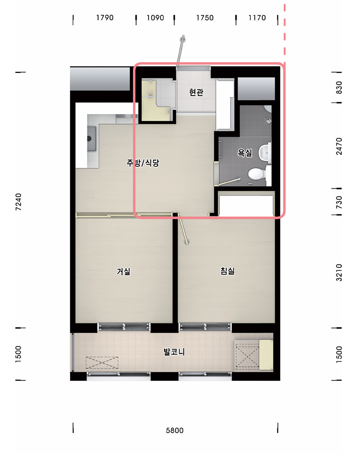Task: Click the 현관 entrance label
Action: (196, 93)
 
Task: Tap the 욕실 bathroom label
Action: (245, 153)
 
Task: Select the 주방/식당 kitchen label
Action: (143, 163)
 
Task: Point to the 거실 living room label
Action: (123, 271)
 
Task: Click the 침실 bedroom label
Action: (227, 271)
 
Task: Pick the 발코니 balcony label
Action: (174, 352)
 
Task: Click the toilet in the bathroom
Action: (257, 174)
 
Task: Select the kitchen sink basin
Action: (92, 139)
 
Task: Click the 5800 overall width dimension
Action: (175, 431)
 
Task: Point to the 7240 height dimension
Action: (18, 202)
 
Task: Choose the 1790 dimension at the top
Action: (105, 18)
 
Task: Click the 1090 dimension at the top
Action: (155, 18)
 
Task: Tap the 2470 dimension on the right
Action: (339, 146)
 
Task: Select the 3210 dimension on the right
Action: (339, 273)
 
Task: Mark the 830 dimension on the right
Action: (339, 88)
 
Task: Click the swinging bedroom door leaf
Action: (183, 230)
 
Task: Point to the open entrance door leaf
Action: (180, 51)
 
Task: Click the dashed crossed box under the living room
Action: (102, 362)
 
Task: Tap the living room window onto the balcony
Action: (124, 327)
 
